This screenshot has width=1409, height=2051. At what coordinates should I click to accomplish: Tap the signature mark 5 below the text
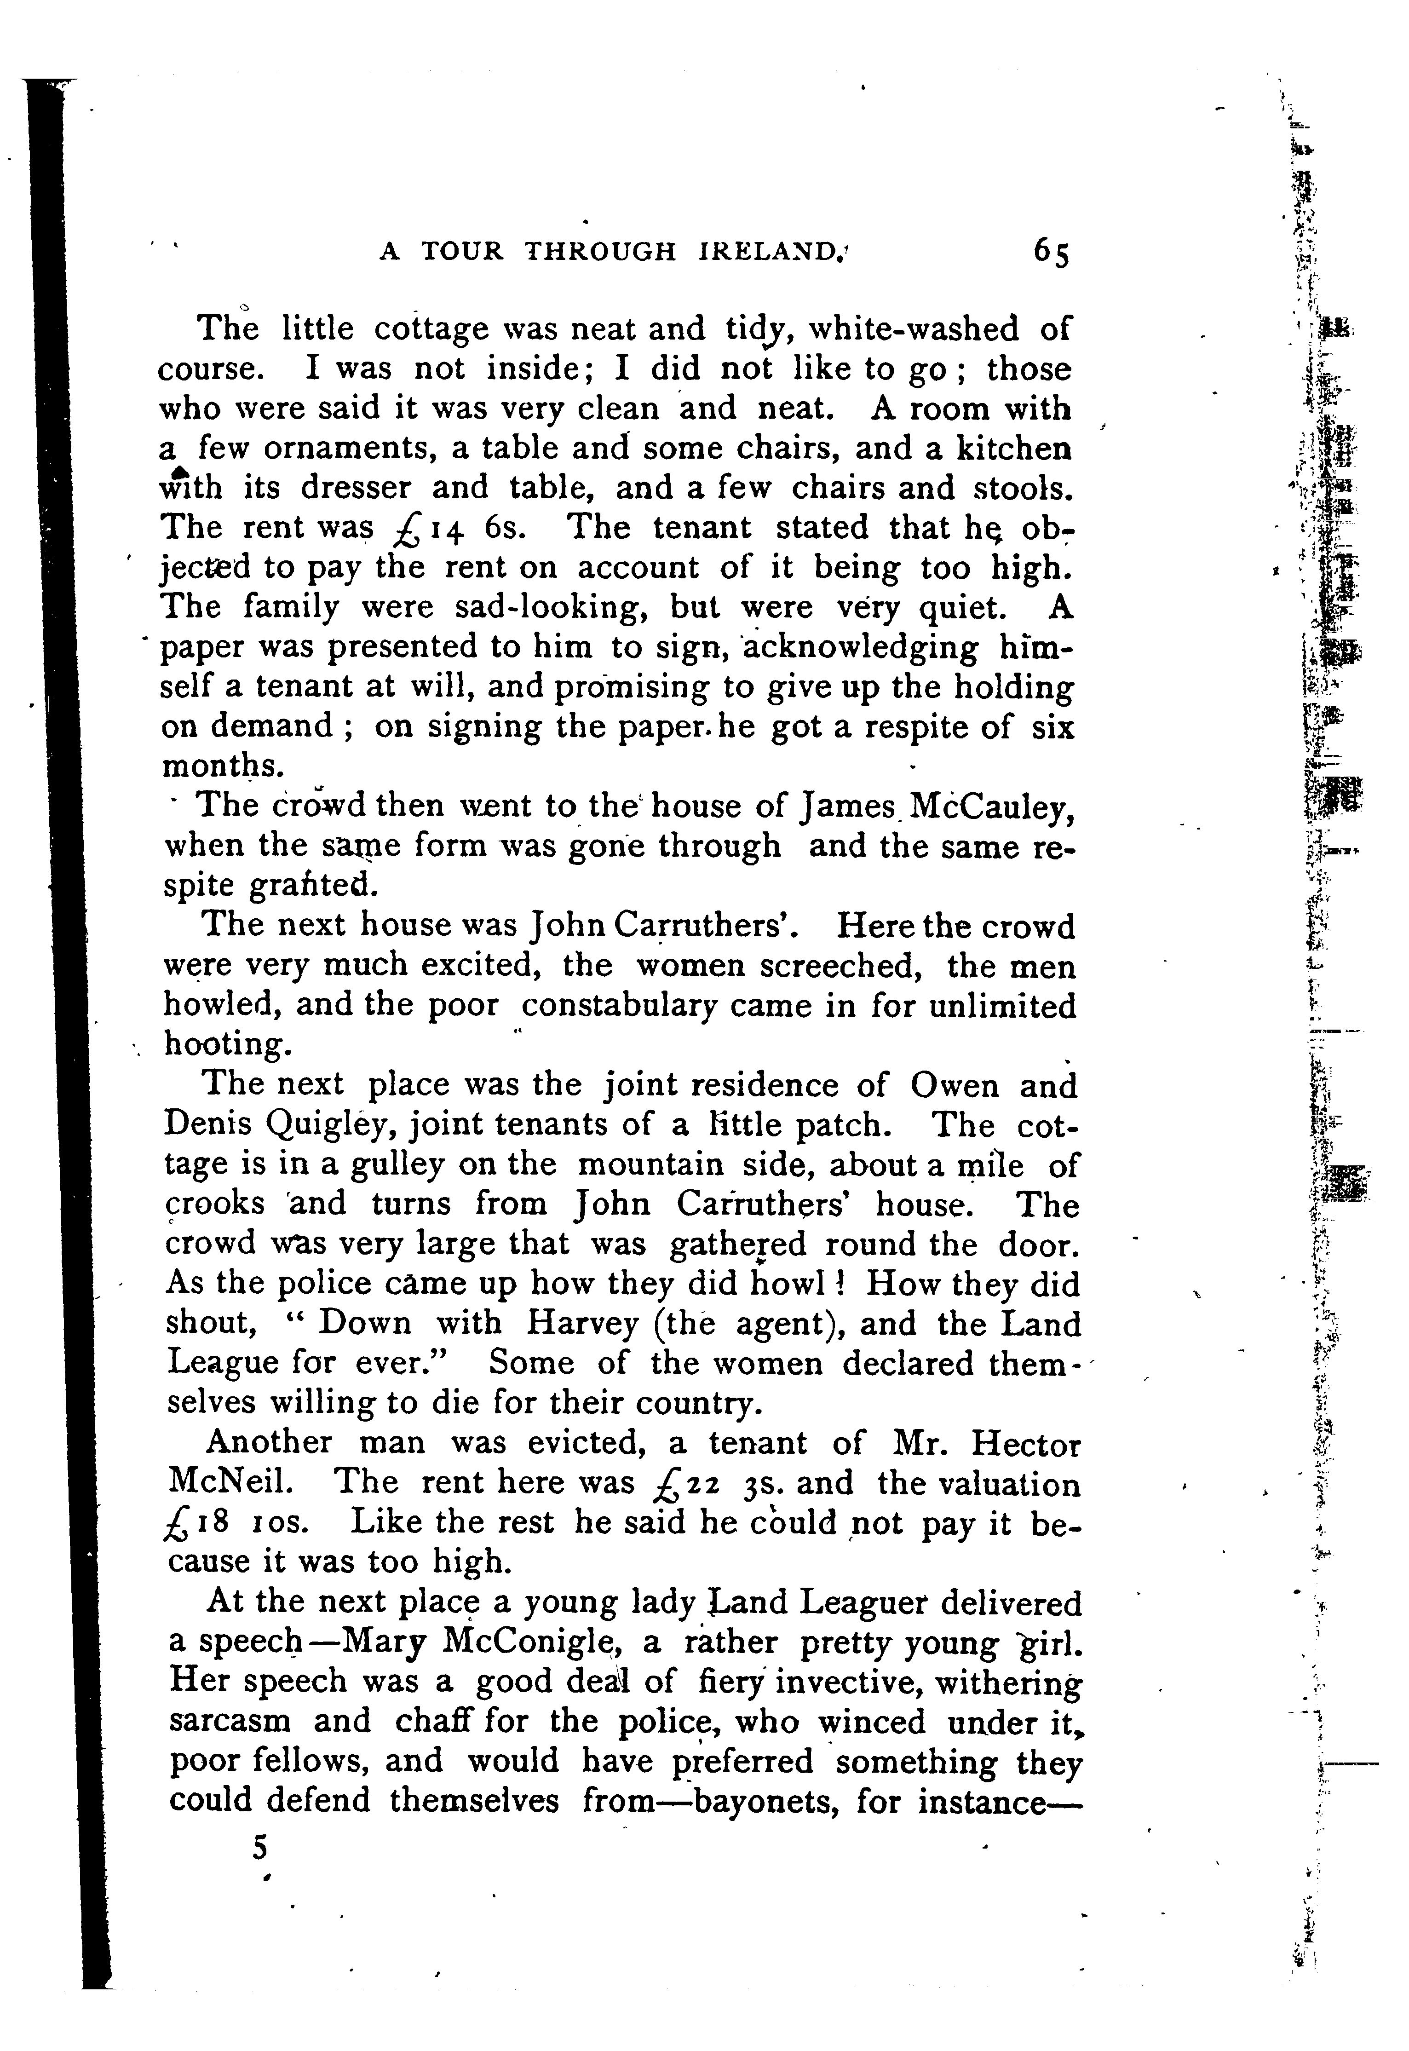click(259, 1848)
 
